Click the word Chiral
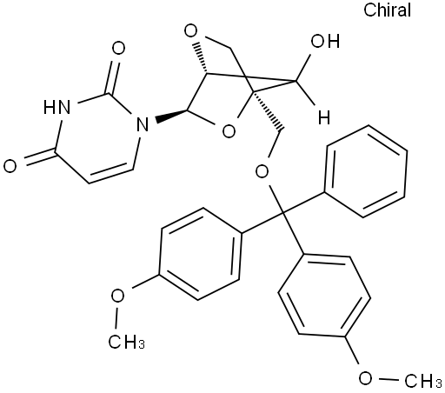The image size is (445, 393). [387, 10]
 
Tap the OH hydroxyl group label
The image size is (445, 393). [325, 41]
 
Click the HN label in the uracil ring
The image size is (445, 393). [56, 107]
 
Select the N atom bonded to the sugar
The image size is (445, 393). [143, 123]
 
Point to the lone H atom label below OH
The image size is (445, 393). [324, 117]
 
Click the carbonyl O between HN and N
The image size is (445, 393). [119, 48]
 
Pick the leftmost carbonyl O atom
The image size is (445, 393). [10, 166]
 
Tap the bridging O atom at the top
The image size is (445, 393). [191, 31]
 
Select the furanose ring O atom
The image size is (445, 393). [229, 131]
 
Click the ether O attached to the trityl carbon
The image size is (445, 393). [262, 172]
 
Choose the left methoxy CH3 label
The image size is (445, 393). [127, 342]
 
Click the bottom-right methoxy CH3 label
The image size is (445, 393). [423, 381]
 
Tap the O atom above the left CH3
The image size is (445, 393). [117, 296]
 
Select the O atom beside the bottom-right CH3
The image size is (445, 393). [366, 378]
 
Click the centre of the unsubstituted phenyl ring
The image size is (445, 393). [366, 171]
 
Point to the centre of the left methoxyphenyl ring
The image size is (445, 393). [201, 254]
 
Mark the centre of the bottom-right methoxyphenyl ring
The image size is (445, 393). [324, 296]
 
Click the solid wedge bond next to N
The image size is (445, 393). [171, 115]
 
